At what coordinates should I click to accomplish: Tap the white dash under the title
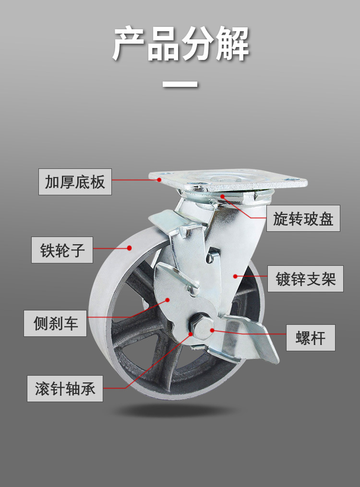click(180, 84)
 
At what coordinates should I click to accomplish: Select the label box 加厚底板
click(75, 182)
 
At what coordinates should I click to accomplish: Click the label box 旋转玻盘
click(303, 218)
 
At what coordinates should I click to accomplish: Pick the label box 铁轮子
click(62, 250)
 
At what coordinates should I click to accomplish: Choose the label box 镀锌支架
click(305, 279)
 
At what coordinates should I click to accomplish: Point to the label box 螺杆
click(311, 338)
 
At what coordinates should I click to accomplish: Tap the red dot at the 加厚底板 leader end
click(159, 179)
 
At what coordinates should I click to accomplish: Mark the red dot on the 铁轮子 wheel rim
click(129, 248)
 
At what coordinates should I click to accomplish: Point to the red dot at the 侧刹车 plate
click(168, 300)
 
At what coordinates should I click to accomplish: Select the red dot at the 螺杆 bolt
click(212, 330)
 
